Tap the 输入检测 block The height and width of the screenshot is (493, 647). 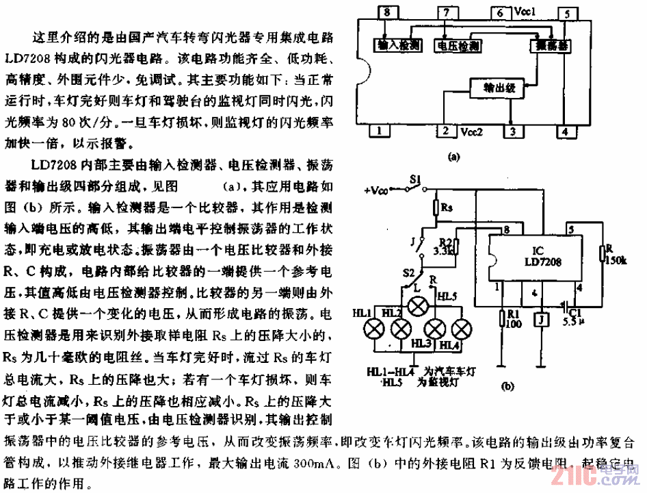pyautogui.click(x=399, y=45)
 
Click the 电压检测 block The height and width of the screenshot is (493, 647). pyautogui.click(x=457, y=45)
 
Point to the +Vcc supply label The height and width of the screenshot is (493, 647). pyautogui.click(x=380, y=190)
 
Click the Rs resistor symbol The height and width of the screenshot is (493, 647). pyautogui.click(x=436, y=207)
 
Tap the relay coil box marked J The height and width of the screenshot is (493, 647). pyautogui.click(x=540, y=320)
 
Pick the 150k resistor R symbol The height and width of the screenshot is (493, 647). pyautogui.click(x=601, y=253)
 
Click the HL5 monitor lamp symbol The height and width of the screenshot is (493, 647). pyautogui.click(x=415, y=305)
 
